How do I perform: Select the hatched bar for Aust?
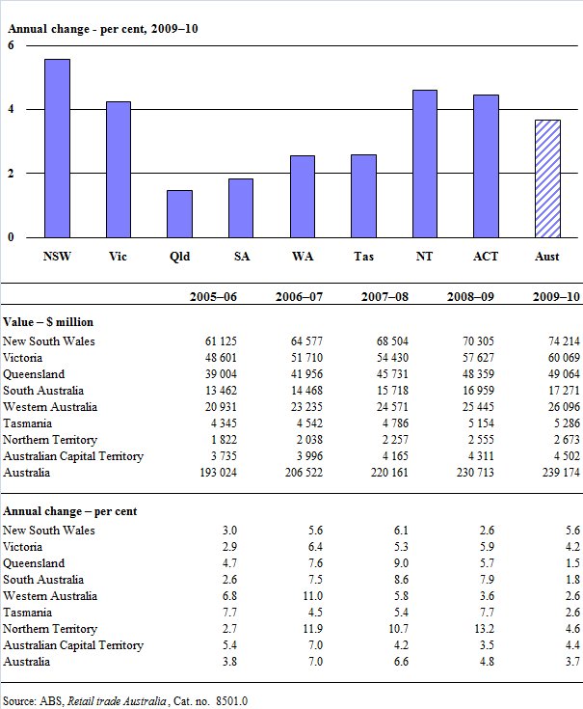pyautogui.click(x=547, y=178)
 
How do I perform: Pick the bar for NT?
pyautogui.click(x=425, y=163)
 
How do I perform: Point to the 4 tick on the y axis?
pyautogui.click(x=11, y=110)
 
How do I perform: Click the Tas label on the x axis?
pyautogui.click(x=363, y=257)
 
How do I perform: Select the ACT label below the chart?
pyautogui.click(x=486, y=257)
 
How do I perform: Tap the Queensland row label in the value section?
pyautogui.click(x=34, y=374)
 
